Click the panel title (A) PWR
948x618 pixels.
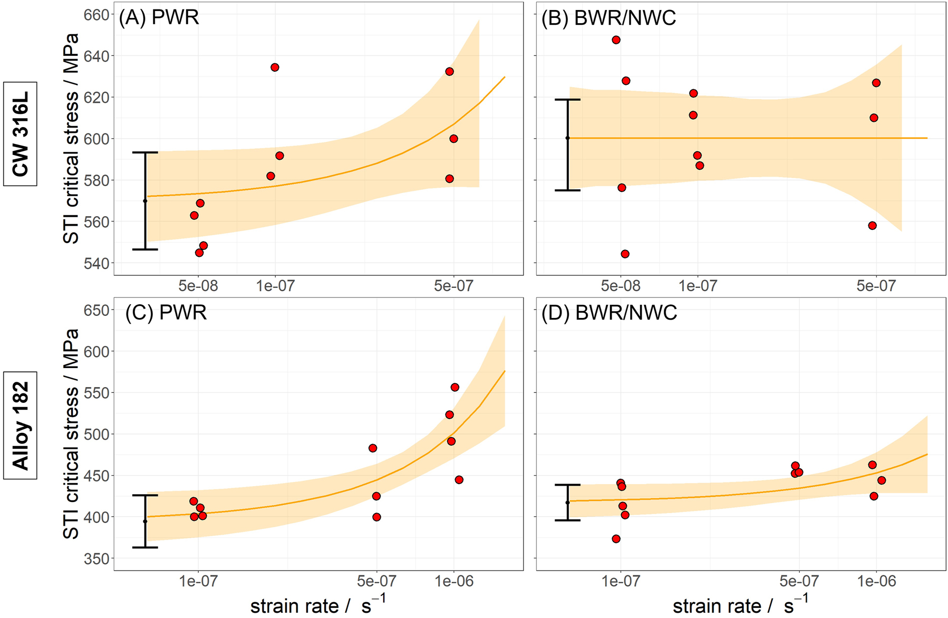click(x=159, y=17)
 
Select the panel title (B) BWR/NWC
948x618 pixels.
click(x=608, y=18)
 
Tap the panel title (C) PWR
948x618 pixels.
click(x=166, y=313)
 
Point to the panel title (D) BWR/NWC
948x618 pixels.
click(x=610, y=313)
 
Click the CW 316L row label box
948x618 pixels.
click(x=20, y=134)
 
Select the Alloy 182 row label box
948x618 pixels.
click(x=20, y=425)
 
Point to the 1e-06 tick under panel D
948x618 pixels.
click(x=876, y=581)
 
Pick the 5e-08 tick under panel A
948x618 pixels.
click(x=198, y=286)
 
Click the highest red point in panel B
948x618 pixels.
click(x=616, y=40)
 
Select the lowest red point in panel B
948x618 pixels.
click(x=625, y=254)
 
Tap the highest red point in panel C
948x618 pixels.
click(x=455, y=388)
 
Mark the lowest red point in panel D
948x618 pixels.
click(x=616, y=539)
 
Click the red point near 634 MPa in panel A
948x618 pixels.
click(x=275, y=67)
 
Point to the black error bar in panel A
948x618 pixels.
click(x=146, y=201)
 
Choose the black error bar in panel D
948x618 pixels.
click(x=568, y=503)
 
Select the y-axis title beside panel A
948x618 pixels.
click(x=71, y=138)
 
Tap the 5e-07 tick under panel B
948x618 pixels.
click(x=876, y=286)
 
